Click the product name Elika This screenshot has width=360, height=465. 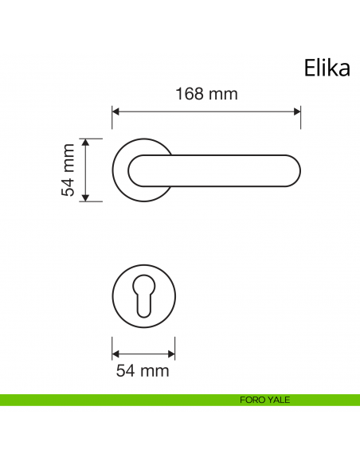(327, 68)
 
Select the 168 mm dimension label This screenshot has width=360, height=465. (206, 94)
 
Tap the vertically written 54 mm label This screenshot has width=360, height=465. (69, 170)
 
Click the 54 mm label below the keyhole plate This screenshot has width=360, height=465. (143, 370)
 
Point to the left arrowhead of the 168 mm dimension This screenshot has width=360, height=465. (115, 111)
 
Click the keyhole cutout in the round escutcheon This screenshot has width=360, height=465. (143, 299)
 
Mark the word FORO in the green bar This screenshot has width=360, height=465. (252, 400)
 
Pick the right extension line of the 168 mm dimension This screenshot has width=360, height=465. (300, 117)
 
